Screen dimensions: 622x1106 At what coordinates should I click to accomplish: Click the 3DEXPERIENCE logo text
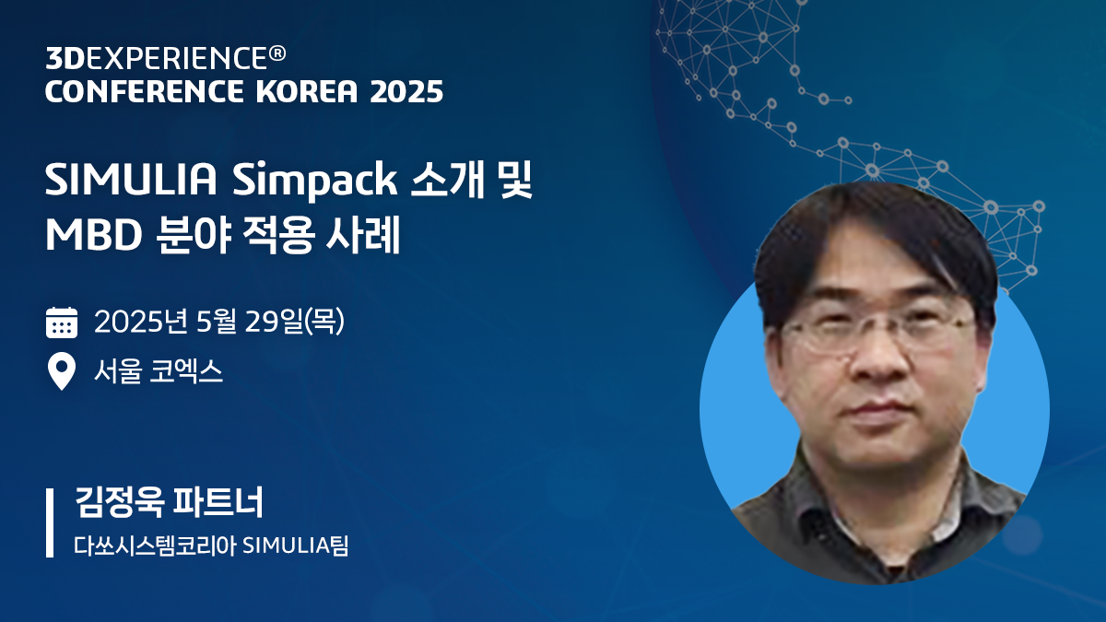(155, 58)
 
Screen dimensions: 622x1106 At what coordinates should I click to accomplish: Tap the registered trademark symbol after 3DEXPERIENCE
(276, 54)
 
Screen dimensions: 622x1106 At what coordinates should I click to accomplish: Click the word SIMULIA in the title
(131, 181)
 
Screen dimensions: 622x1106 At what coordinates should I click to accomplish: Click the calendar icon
(61, 323)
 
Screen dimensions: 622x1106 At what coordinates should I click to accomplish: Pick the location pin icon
(61, 373)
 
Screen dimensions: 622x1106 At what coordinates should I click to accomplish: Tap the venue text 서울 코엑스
(159, 372)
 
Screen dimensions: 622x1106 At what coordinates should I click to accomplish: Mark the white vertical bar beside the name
(50, 523)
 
